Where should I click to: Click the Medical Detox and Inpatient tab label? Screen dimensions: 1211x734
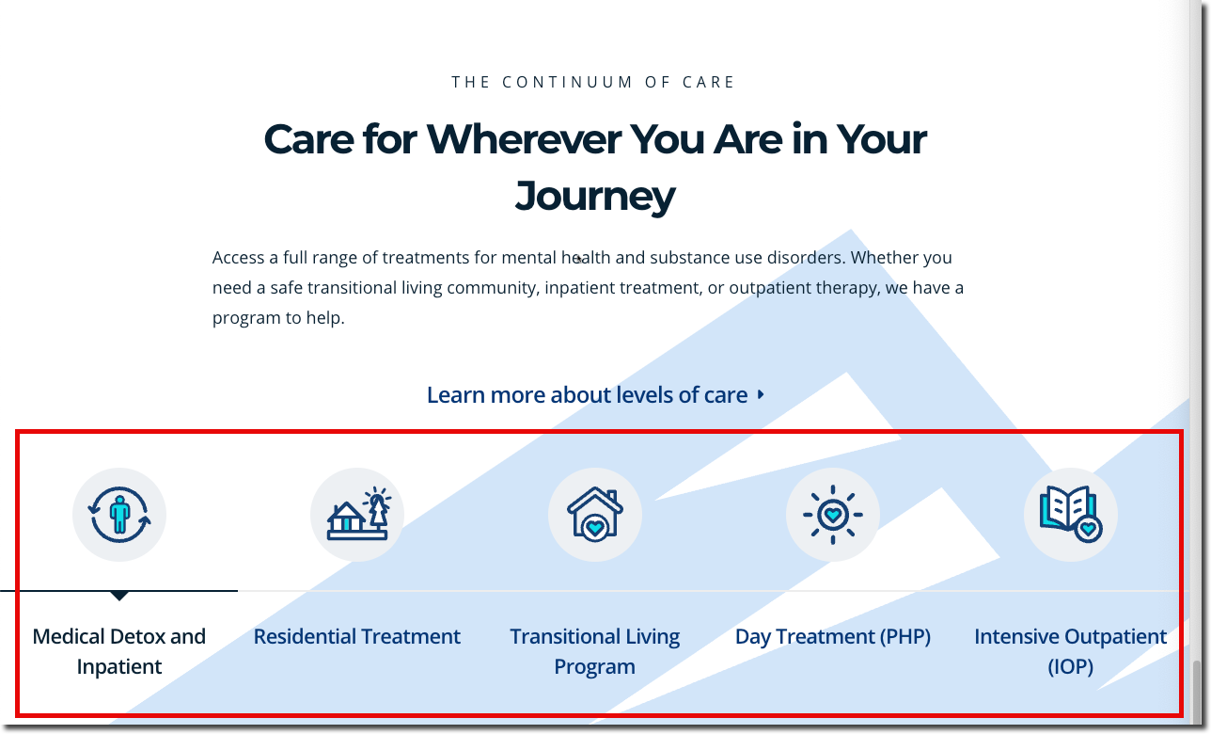(118, 651)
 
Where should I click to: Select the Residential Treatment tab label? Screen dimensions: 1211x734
(357, 637)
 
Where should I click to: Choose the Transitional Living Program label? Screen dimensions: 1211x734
(594, 651)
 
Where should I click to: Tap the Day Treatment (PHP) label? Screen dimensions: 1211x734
(833, 637)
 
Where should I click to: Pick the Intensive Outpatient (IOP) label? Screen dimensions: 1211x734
(1070, 651)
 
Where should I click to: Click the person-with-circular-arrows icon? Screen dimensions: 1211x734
(119, 515)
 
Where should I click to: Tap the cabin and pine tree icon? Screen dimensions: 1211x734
(357, 514)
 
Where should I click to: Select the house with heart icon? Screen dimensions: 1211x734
(594, 514)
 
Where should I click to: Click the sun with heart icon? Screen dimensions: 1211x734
(833, 515)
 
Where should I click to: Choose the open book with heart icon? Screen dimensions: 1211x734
(1070, 514)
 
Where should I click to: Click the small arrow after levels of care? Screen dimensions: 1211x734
(761, 395)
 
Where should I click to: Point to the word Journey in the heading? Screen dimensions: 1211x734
(594, 197)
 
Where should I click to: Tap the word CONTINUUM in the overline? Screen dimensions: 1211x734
(567, 82)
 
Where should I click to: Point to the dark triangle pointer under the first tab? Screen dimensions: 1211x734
(119, 596)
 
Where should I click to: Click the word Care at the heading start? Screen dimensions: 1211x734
(308, 139)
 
